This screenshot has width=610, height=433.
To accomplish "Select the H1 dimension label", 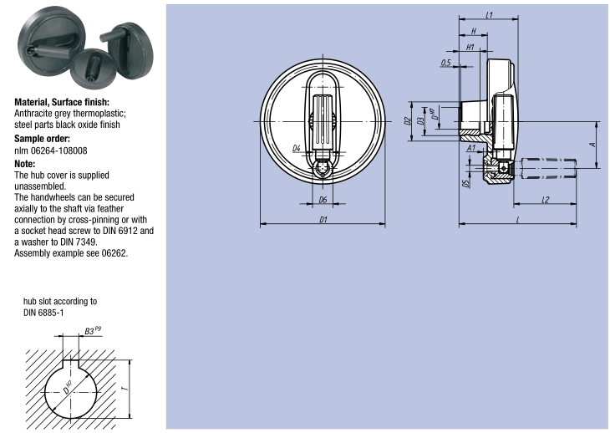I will click(x=470, y=47).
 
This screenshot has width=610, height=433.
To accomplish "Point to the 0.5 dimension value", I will click(x=445, y=63).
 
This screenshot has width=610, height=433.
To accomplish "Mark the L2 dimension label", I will click(x=544, y=199).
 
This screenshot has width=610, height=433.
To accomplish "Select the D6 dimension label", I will click(x=323, y=200).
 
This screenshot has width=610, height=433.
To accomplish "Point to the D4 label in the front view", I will click(x=297, y=148).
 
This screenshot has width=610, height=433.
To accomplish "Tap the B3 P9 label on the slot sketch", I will click(x=94, y=331).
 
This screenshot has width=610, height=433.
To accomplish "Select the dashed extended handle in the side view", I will click(x=548, y=167).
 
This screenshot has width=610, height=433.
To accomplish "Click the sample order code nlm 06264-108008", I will click(x=51, y=150).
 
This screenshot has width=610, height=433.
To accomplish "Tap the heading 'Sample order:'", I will click(x=42, y=138).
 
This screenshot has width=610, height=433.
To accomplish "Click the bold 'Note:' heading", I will click(x=25, y=164).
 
